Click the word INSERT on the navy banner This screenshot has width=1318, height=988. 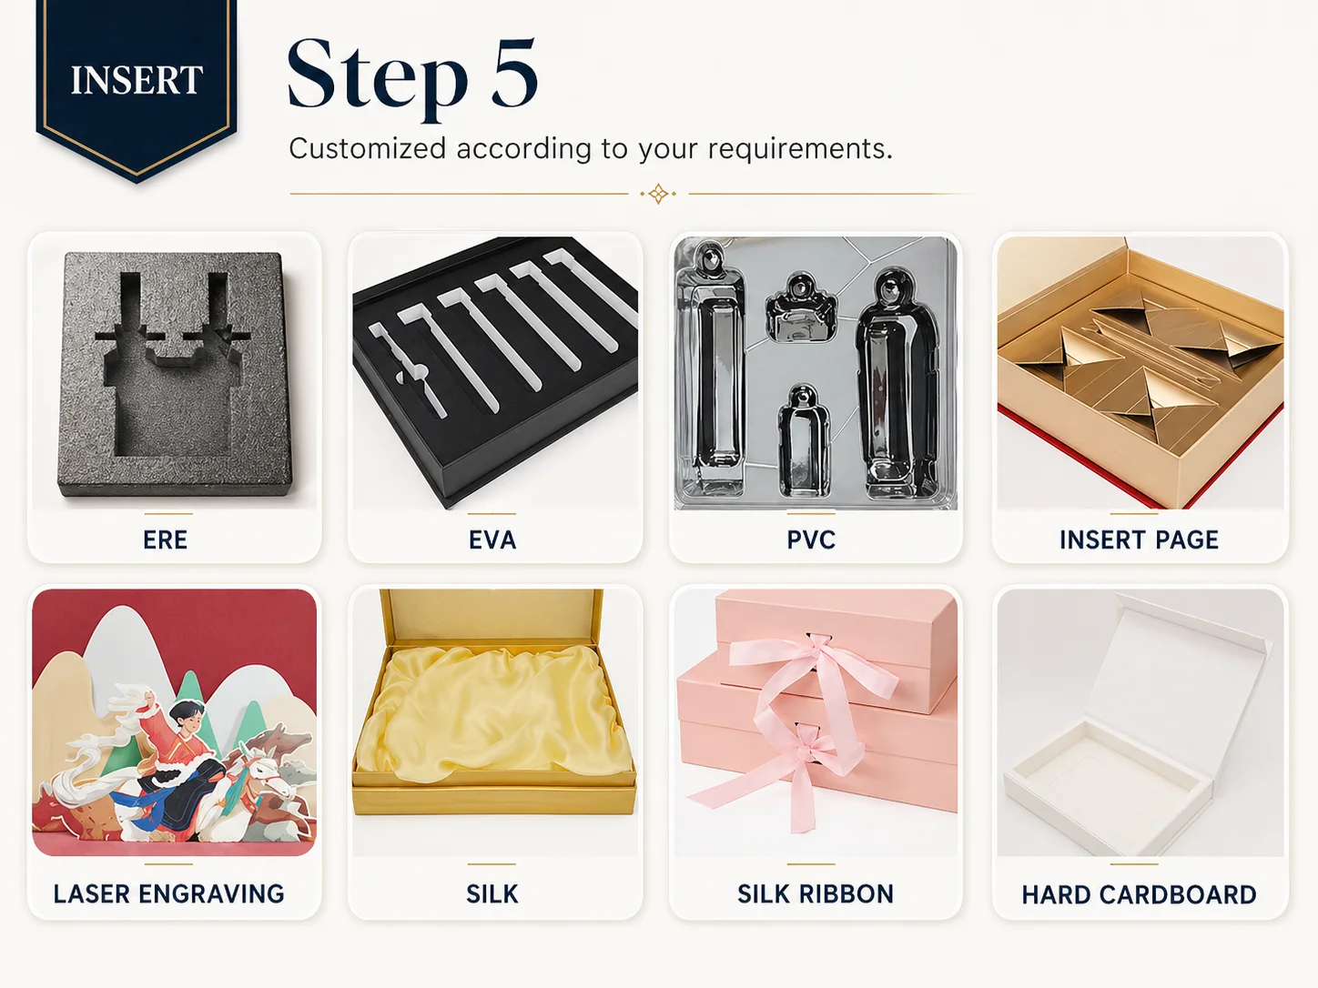137,80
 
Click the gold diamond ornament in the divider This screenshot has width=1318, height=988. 658,194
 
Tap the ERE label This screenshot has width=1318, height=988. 165,539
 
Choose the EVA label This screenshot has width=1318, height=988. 492,539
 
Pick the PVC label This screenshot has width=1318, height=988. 811,539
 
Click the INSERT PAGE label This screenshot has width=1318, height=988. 1139,539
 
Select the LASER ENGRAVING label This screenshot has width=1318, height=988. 168,893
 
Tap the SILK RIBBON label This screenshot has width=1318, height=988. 816,893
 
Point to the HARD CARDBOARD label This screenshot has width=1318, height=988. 1139,894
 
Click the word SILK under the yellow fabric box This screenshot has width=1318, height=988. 492,893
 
